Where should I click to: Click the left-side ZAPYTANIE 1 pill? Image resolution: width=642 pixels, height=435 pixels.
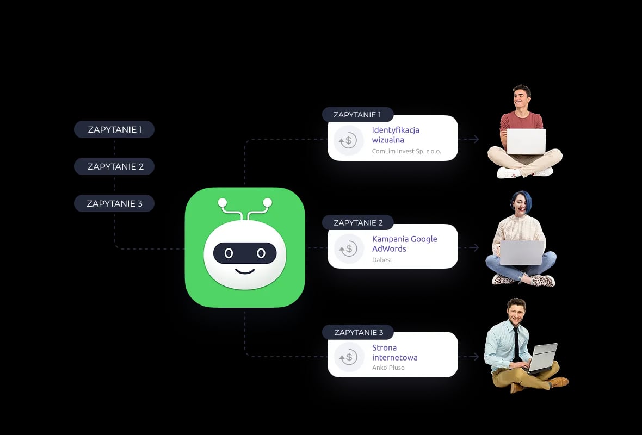click(x=114, y=129)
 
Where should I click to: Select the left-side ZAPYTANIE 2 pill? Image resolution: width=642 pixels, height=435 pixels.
click(x=114, y=166)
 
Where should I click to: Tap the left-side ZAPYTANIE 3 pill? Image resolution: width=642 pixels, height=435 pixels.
click(x=114, y=203)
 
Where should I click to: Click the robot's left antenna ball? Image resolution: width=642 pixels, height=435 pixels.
click(x=222, y=203)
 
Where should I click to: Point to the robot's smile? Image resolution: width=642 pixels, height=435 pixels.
click(x=245, y=270)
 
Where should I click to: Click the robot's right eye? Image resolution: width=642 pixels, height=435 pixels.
click(x=261, y=253)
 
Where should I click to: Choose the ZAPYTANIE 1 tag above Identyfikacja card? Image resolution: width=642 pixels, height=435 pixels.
click(x=357, y=115)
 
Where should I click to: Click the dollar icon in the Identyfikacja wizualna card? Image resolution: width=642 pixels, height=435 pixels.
click(x=348, y=140)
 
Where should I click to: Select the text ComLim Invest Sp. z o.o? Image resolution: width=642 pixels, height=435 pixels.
click(x=406, y=151)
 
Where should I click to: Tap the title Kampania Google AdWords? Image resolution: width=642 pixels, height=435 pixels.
click(x=404, y=244)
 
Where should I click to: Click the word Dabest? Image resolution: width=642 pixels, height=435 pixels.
click(x=382, y=260)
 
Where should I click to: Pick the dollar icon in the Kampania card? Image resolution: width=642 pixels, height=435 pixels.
click(x=348, y=248)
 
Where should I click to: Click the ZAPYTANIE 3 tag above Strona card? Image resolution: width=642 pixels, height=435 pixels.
click(x=358, y=332)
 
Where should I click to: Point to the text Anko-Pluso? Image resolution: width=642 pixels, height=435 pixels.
click(x=388, y=368)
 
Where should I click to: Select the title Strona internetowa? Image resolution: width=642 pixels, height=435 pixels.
click(x=394, y=352)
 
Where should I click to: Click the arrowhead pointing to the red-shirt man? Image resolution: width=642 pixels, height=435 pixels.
click(x=476, y=139)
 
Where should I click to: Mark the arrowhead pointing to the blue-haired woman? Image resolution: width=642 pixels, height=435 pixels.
click(x=476, y=247)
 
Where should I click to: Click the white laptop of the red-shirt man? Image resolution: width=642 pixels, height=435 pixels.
click(x=526, y=141)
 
